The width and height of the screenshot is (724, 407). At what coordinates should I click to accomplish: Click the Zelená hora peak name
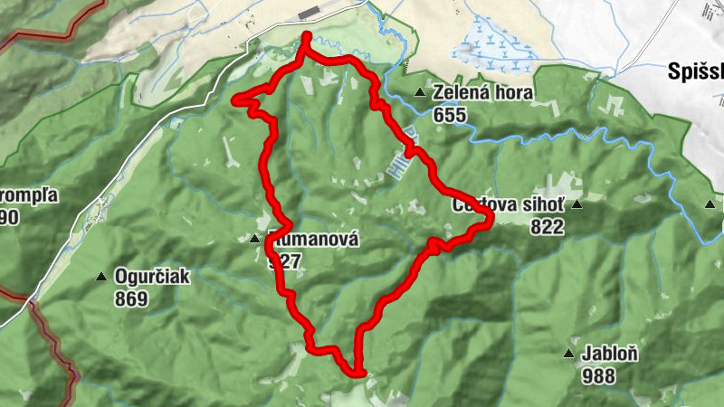click(482, 93)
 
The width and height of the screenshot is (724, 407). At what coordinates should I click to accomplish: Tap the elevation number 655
click(450, 115)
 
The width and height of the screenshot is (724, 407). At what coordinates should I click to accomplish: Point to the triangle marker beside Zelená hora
click(420, 93)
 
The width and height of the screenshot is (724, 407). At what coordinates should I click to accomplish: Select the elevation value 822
click(547, 227)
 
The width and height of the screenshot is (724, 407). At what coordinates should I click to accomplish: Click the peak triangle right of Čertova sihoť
click(576, 205)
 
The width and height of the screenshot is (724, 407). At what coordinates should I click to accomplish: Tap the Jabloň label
click(611, 355)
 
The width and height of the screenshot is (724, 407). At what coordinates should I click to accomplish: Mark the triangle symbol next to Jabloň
click(569, 354)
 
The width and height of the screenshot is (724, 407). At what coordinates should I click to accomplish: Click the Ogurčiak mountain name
click(151, 277)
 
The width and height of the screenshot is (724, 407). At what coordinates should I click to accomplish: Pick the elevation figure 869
click(131, 298)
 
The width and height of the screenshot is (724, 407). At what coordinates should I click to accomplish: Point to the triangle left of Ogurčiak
click(101, 276)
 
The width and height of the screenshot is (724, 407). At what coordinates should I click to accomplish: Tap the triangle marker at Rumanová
click(254, 240)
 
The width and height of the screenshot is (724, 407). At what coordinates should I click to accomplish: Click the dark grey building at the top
click(311, 11)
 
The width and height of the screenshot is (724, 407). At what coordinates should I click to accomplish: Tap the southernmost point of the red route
click(358, 372)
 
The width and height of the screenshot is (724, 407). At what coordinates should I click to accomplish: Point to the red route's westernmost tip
click(235, 99)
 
